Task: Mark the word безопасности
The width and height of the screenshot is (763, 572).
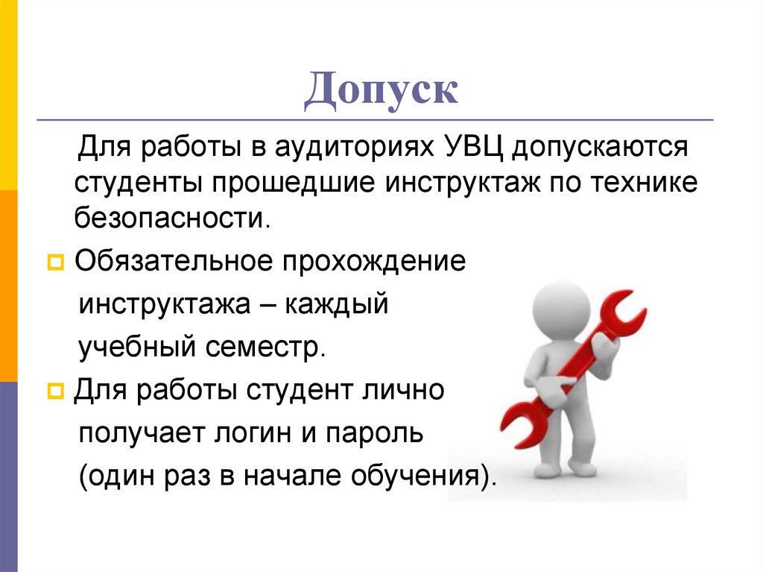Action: [x=170, y=218]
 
